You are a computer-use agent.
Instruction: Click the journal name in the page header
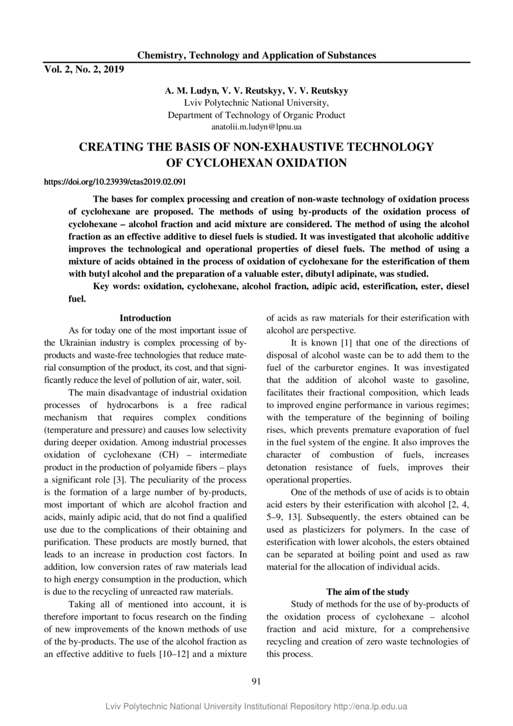256,56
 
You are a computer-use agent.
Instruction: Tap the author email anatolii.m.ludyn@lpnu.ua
256,126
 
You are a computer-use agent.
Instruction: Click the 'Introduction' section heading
145,318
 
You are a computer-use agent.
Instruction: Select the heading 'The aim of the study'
368,592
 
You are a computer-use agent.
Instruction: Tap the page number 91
256,681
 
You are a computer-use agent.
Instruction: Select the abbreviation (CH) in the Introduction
170,454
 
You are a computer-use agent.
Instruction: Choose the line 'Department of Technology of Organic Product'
256,115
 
